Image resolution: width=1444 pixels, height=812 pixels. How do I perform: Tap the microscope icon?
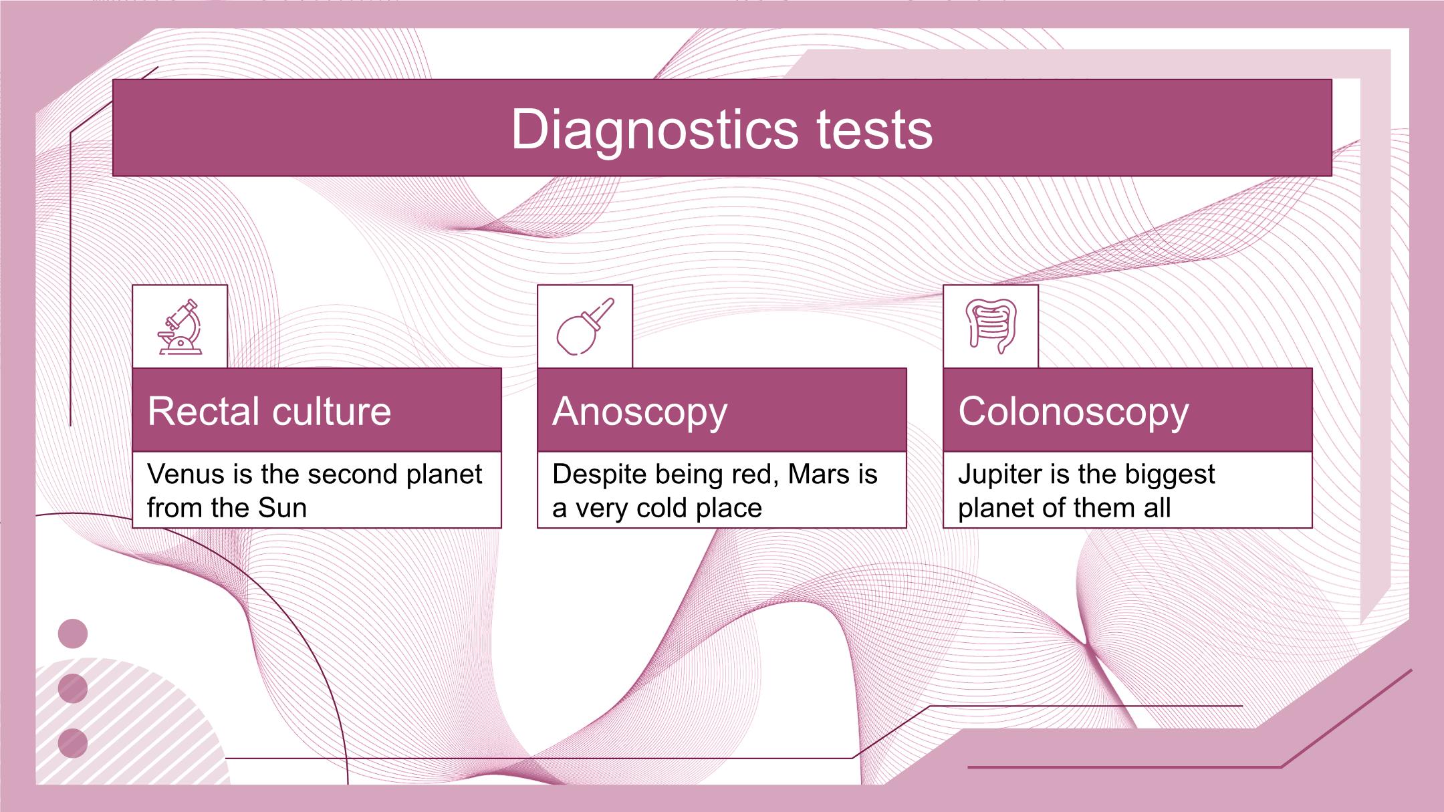(180, 326)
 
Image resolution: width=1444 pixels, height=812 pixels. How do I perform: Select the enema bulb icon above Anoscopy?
(585, 326)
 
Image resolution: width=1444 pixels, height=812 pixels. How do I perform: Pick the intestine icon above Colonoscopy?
(991, 326)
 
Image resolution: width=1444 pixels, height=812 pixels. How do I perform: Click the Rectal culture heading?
(269, 410)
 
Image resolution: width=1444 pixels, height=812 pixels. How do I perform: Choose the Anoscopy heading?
(640, 412)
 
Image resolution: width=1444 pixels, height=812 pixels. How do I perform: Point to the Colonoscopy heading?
(1074, 412)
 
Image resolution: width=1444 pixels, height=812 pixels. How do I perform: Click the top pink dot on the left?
(73, 634)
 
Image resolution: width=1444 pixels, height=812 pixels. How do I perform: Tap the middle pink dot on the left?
(73, 688)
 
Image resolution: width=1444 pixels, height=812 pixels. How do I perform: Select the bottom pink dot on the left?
(73, 744)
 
